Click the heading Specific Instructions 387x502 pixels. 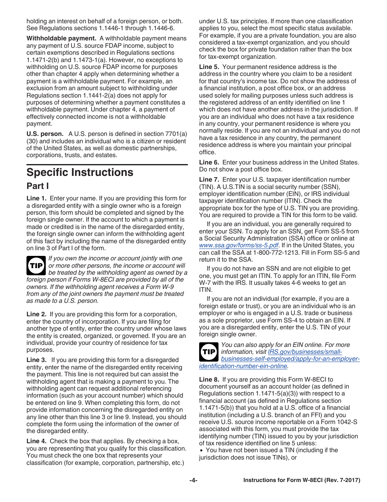(x=80, y=172)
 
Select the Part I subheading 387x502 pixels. (x=37, y=186)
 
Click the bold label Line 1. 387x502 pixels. (x=36, y=198)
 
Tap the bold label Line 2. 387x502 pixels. (x=36, y=314)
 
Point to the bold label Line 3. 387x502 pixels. (x=36, y=360)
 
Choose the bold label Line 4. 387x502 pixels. (x=36, y=442)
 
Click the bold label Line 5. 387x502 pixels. (x=209, y=67)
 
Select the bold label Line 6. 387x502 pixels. (x=209, y=162)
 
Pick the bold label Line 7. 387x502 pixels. (x=209, y=180)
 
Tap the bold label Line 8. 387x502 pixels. (x=209, y=380)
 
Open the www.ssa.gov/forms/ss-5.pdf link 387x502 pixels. (x=239, y=245)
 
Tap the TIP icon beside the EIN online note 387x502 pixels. (x=209, y=352)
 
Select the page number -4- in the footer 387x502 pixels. (x=193, y=480)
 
